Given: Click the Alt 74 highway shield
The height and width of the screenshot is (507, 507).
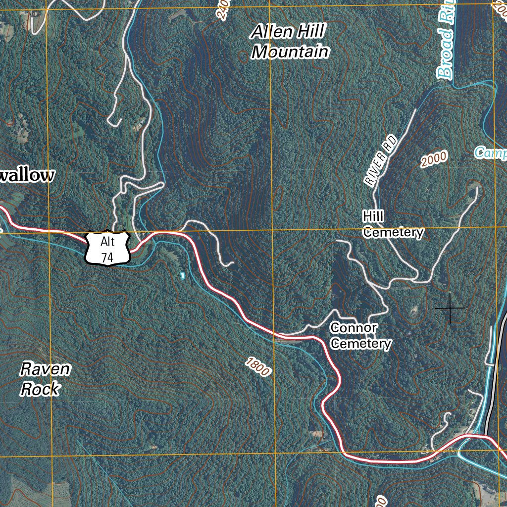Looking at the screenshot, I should [x=108, y=249].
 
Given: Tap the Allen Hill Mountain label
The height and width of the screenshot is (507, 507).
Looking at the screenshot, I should [x=290, y=42].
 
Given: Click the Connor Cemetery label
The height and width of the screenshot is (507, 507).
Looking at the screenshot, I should [x=361, y=336].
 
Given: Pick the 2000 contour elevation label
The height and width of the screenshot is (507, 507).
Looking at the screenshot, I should [x=434, y=160].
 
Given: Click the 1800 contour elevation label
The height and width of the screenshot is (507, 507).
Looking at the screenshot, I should [x=257, y=367].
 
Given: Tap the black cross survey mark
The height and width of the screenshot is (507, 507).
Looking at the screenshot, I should [x=450, y=308].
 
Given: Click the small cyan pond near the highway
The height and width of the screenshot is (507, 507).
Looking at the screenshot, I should [x=183, y=275].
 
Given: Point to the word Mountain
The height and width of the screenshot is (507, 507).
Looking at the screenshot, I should [x=291, y=51].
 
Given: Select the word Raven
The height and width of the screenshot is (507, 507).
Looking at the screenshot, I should [x=45, y=369].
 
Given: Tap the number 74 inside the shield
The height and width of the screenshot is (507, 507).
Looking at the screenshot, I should [x=107, y=257].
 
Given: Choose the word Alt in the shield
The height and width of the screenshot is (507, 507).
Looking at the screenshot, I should [x=107, y=242].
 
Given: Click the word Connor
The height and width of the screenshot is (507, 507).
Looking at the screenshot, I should [x=354, y=328].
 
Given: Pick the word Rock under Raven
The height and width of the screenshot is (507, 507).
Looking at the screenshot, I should [x=40, y=389].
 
